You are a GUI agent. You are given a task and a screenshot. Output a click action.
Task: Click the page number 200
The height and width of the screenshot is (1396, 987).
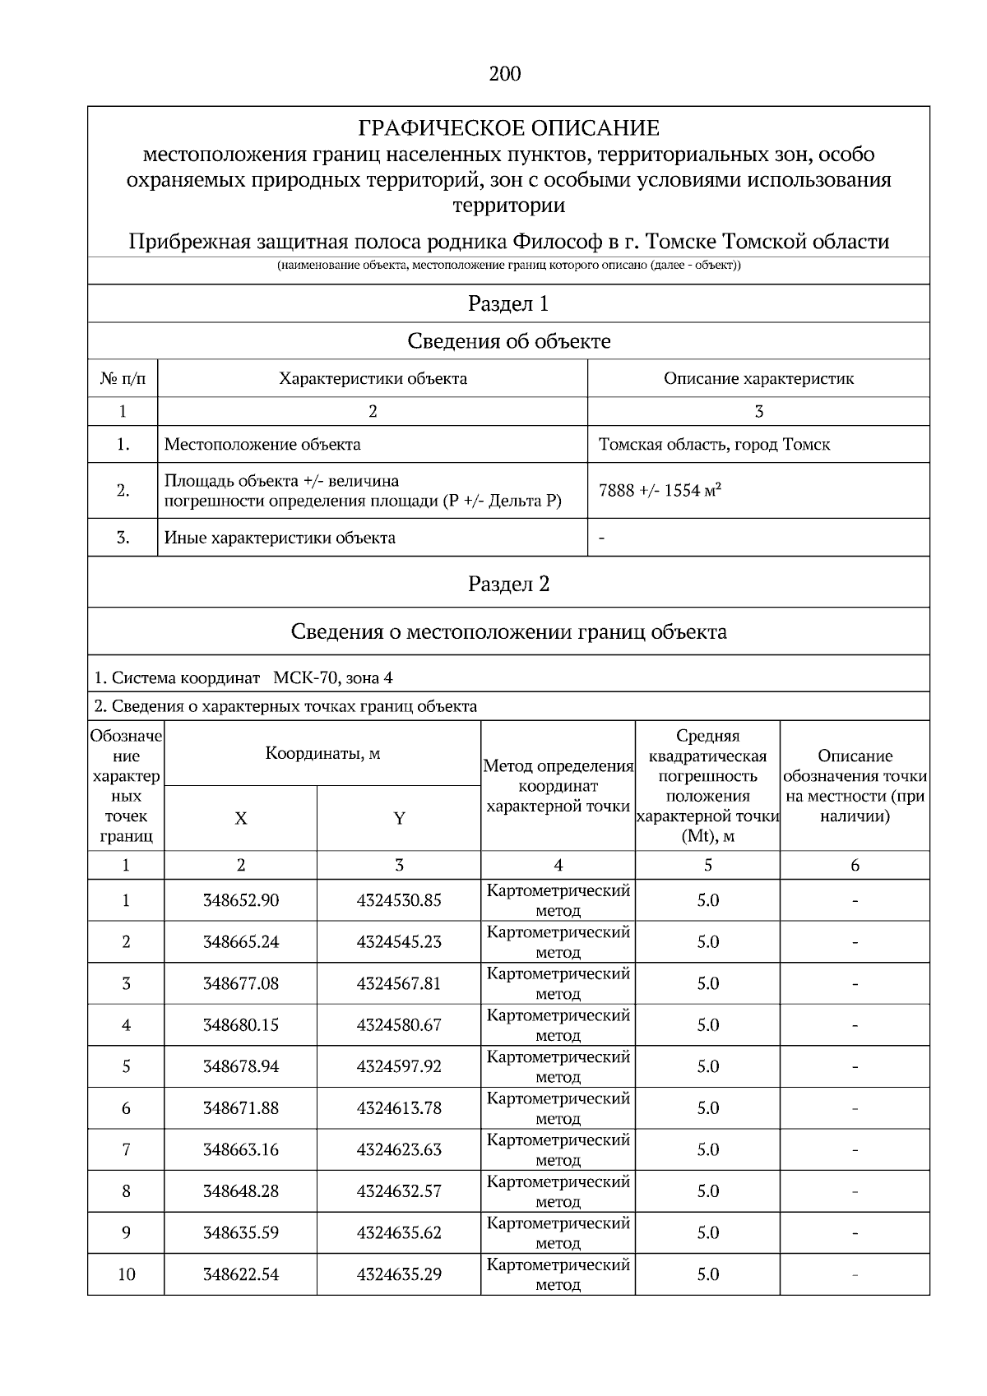coord(505,75)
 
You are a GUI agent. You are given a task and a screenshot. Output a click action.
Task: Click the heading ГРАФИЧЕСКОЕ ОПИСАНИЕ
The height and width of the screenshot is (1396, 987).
coord(508,128)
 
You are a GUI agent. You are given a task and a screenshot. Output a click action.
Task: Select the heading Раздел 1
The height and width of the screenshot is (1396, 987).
coord(508,304)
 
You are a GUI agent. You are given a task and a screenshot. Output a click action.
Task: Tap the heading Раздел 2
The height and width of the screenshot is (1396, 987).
coord(508,585)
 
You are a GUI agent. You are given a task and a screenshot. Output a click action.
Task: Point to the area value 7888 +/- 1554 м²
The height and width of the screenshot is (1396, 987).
coord(660,491)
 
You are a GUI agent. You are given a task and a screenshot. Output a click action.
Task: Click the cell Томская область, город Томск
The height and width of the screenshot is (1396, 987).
coord(714,445)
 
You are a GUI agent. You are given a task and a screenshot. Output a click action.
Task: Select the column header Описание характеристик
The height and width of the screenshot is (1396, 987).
coord(758,379)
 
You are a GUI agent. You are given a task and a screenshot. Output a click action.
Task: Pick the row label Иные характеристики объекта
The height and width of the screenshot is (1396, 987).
coord(280,539)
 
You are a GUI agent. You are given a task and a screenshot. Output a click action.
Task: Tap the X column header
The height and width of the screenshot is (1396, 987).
coord(240,819)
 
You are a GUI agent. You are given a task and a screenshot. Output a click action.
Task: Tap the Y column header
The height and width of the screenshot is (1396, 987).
coord(399,819)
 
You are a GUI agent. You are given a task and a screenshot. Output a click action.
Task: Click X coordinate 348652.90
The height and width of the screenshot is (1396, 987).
coord(241,901)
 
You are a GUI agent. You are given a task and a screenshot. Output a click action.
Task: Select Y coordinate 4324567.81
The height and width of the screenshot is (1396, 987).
coord(399,984)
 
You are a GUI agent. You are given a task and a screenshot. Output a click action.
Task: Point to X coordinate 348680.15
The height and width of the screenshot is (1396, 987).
coord(241,1025)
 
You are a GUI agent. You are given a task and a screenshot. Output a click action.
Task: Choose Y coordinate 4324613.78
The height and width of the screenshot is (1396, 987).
coord(399,1108)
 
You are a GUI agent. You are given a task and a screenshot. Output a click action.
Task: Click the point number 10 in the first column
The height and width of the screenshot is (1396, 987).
coord(126,1275)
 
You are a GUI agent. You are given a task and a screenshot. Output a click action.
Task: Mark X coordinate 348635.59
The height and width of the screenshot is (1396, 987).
coord(241,1233)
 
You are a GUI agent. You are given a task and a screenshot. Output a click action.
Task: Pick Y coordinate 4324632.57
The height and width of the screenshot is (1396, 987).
coord(399,1191)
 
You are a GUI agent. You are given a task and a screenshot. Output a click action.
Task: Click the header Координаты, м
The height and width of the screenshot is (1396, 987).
coord(322,754)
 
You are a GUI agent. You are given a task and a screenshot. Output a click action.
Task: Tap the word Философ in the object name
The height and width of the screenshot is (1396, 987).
coord(558,243)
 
